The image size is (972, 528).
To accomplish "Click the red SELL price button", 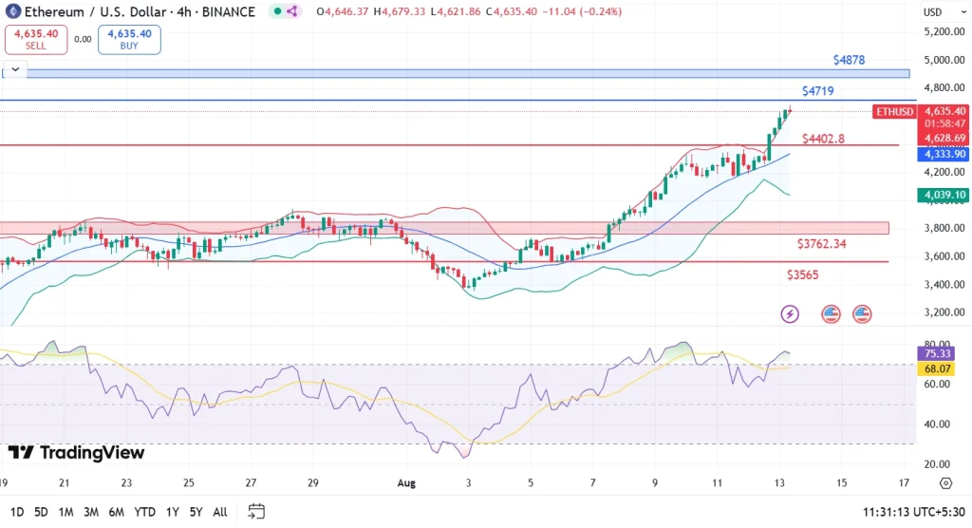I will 35,39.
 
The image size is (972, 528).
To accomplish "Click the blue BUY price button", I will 129,39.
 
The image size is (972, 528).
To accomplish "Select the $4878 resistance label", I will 849,60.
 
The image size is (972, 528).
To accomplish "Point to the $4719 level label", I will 817,91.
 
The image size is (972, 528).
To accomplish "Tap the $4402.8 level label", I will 823,139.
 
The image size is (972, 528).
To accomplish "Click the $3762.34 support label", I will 822,244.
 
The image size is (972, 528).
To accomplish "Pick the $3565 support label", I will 802,274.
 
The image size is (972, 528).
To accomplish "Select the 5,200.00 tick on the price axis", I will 944,31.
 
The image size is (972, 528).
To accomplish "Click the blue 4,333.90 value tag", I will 943,154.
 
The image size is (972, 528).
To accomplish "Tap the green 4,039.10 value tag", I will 943,195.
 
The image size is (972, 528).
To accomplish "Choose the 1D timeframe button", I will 15,512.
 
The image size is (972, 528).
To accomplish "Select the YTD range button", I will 144,512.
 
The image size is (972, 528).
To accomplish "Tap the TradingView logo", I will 76,453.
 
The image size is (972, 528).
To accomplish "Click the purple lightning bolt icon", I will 790,313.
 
